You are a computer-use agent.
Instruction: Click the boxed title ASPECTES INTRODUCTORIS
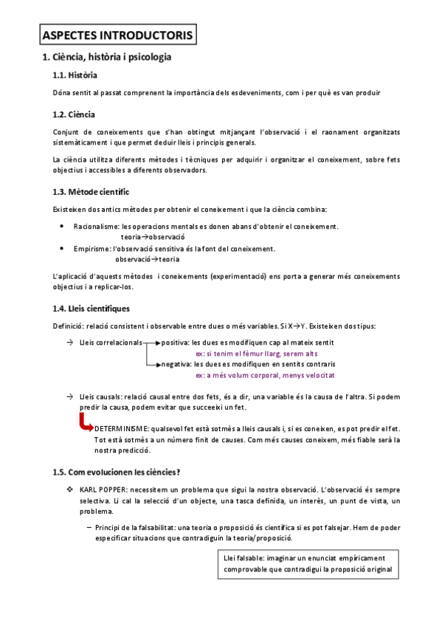117,34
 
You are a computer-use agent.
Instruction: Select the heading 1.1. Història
75,75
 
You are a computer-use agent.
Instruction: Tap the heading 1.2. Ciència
74,114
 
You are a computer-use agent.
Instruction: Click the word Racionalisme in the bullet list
97,227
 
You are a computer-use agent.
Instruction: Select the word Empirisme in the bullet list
92,249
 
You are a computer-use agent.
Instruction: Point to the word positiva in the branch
175,343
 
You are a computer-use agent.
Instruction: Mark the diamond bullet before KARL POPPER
69,490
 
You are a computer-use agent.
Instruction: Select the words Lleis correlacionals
111,343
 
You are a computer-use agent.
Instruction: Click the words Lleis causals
101,397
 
